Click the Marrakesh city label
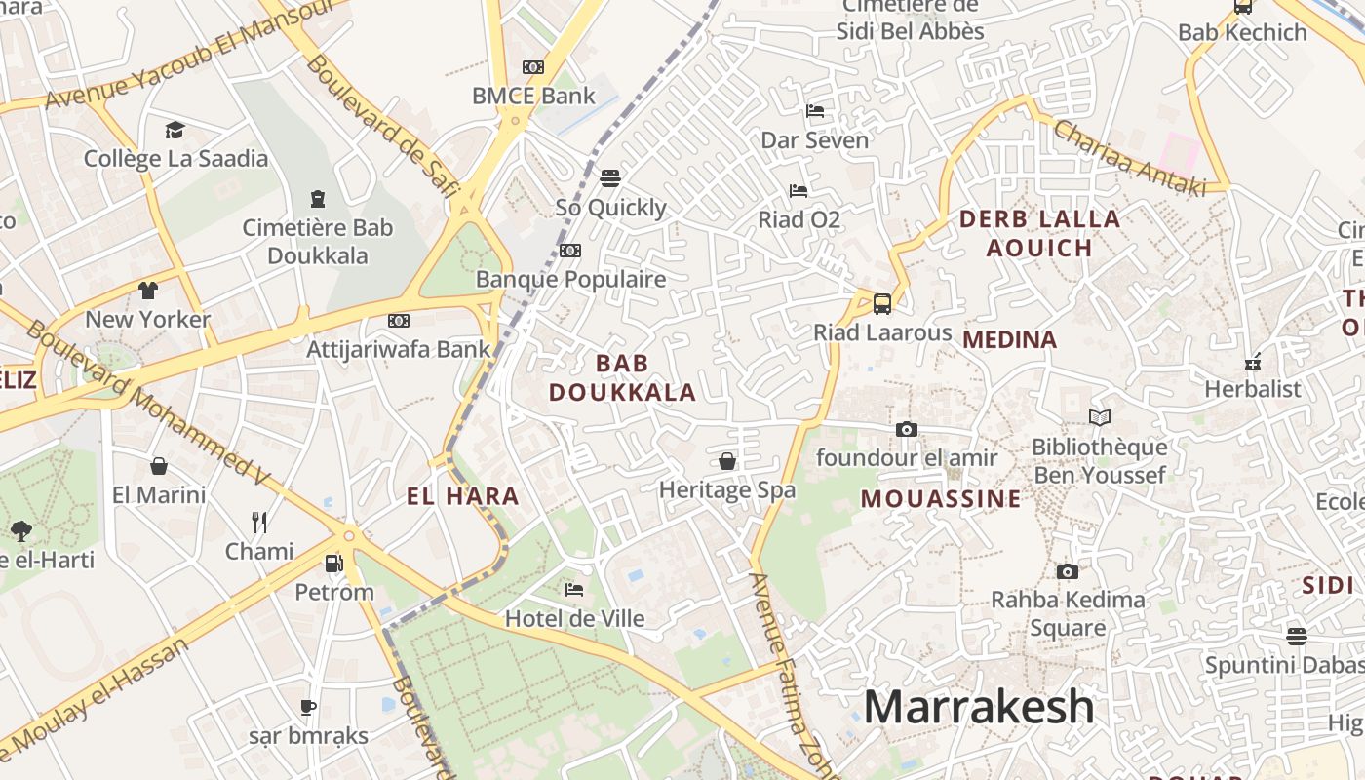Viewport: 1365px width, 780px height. pyautogui.click(x=979, y=706)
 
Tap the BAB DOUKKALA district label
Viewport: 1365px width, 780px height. pyautogui.click(x=622, y=377)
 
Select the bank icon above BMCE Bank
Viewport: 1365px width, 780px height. pyautogui.click(x=533, y=67)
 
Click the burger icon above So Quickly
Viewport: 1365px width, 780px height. pyautogui.click(x=610, y=178)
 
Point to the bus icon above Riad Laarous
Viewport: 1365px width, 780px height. pyautogui.click(x=882, y=303)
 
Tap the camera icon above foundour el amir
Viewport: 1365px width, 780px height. pyautogui.click(x=907, y=429)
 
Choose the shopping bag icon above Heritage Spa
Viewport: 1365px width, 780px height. pyautogui.click(x=727, y=461)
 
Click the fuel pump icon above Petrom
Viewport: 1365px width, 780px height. pyautogui.click(x=333, y=564)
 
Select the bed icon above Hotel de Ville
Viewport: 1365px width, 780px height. pyautogui.click(x=574, y=590)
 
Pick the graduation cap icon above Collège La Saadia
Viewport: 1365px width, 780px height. pyautogui.click(x=175, y=130)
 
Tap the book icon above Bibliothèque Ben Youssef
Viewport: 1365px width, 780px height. pyautogui.click(x=1100, y=418)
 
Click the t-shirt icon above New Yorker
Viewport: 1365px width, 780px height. pyautogui.click(x=147, y=291)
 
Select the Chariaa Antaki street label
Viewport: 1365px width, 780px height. pyautogui.click(x=1129, y=158)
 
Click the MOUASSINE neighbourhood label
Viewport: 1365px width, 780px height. pyautogui.click(x=941, y=499)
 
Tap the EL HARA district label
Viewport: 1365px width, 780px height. pyautogui.click(x=463, y=496)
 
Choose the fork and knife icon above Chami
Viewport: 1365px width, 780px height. pyautogui.click(x=259, y=523)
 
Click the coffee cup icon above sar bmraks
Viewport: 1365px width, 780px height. pyautogui.click(x=308, y=707)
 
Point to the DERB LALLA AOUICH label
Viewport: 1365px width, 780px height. pyautogui.click(x=1040, y=233)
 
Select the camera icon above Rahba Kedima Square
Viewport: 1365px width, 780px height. pyautogui.click(x=1068, y=571)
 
